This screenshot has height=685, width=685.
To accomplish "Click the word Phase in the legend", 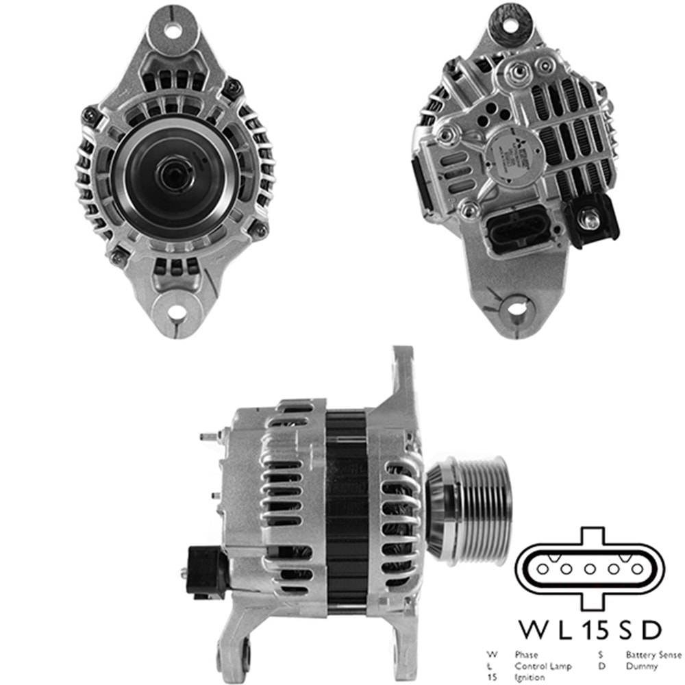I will pos(526,654).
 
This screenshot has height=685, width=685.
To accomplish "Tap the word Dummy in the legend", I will pos(641,666).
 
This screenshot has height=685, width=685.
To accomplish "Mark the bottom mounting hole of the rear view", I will pos(516,308).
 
